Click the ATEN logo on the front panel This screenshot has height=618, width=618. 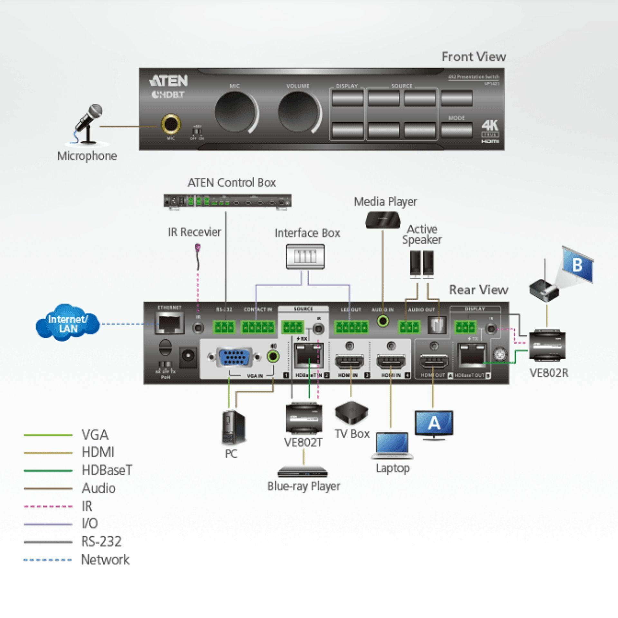tap(168, 81)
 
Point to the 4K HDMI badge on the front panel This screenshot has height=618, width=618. tap(490, 131)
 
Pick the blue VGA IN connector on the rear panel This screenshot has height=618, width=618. tap(234, 357)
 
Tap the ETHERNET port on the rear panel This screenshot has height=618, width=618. tap(170, 324)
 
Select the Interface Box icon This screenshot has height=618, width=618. tap(305, 257)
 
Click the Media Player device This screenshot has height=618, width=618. tap(383, 220)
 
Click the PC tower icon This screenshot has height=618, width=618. tap(233, 428)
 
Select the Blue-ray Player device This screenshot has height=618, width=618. tap(303, 473)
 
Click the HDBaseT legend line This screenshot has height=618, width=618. tap(48, 471)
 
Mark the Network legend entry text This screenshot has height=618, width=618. tap(105, 560)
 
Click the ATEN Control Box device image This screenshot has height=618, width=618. tap(228, 201)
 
